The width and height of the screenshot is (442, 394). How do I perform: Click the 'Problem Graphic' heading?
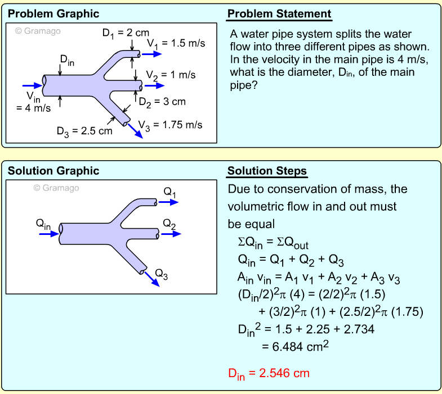pos(53,14)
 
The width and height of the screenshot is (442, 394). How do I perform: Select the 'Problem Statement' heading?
pos(279,14)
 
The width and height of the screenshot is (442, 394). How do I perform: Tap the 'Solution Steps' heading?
pos(267,171)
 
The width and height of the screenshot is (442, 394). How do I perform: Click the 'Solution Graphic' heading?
pos(53,171)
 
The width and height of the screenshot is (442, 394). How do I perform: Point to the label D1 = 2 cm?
pos(126,33)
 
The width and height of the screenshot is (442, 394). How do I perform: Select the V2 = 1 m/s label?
pos(171,75)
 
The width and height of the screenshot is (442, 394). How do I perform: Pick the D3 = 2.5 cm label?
pos(84,131)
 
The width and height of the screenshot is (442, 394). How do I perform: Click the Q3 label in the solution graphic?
pos(162,274)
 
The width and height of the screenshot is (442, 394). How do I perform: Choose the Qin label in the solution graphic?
pos(43,224)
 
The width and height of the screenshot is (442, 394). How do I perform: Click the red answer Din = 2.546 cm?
pos(269,373)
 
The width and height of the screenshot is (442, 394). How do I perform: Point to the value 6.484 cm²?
pos(295,346)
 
